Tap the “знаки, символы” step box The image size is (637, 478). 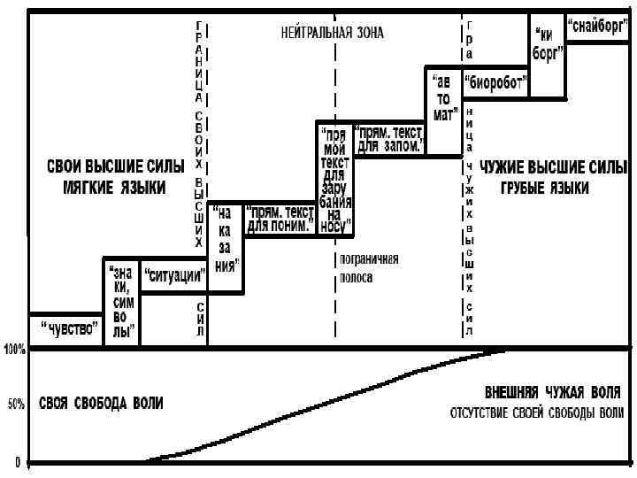(122, 301)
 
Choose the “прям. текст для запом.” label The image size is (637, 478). (388, 139)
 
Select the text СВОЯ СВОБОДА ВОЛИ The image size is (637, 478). (100, 404)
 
